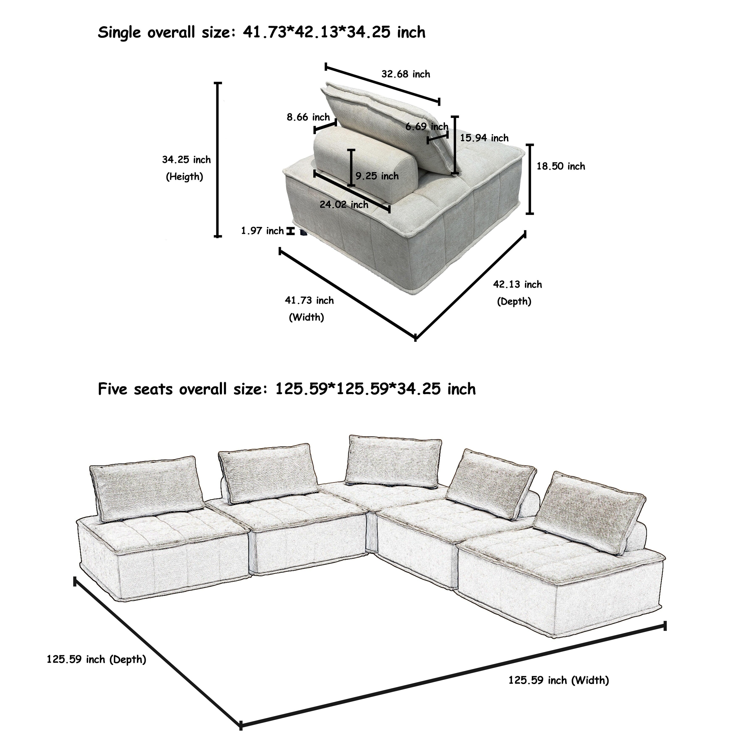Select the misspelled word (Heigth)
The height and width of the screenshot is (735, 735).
pyautogui.click(x=185, y=177)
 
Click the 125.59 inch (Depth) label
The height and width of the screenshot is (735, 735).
pyautogui.click(x=96, y=659)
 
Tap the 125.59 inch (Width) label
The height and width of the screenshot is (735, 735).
pyautogui.click(x=558, y=680)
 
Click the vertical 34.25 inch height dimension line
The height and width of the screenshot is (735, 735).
pyautogui.click(x=218, y=160)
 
